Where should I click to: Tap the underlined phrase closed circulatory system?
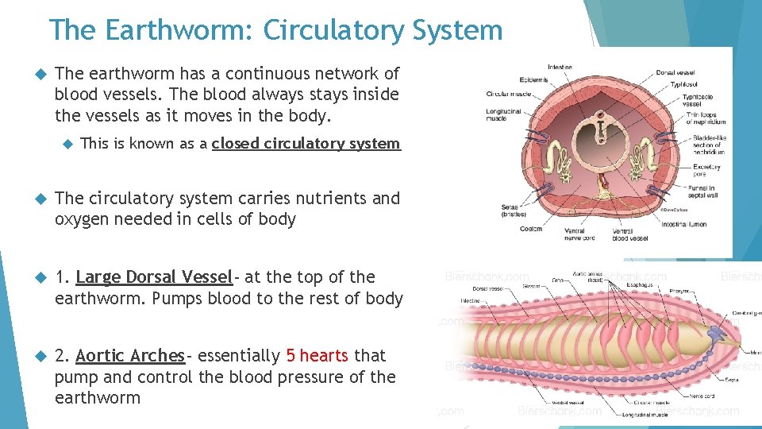coord(306,144)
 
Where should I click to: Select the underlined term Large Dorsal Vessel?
coord(154,277)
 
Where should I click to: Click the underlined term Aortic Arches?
coord(130,356)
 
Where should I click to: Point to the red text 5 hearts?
coord(317,356)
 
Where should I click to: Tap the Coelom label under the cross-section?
coord(531,229)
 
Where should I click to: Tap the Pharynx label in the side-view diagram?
coord(678,292)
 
